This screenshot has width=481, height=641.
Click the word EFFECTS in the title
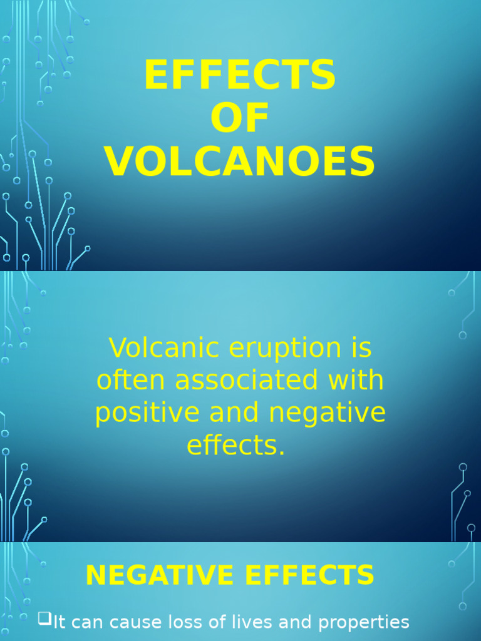point(240,76)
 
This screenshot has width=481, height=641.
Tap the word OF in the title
point(240,118)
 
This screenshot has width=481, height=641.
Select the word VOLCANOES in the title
point(240,162)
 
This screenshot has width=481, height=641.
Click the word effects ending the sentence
point(235,446)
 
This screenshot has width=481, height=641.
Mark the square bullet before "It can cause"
point(44,620)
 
